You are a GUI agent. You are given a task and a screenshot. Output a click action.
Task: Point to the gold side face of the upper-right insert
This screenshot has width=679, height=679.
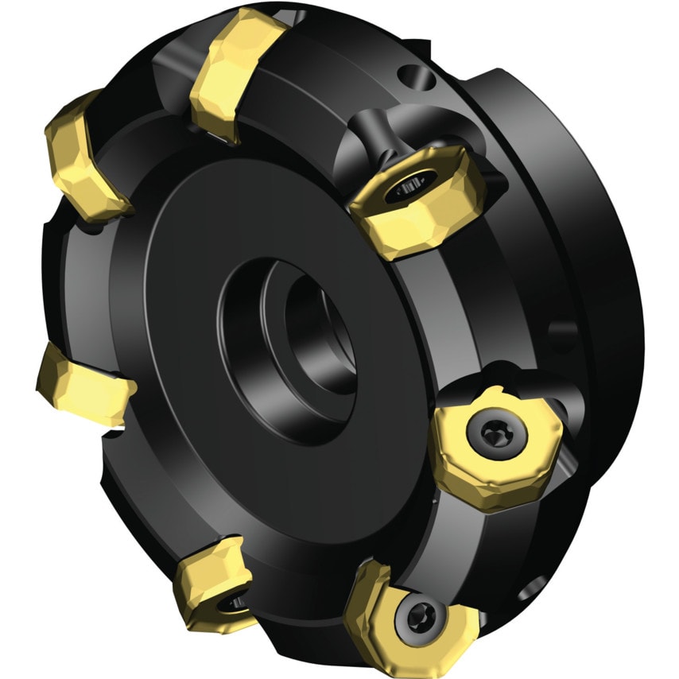[429, 227]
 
